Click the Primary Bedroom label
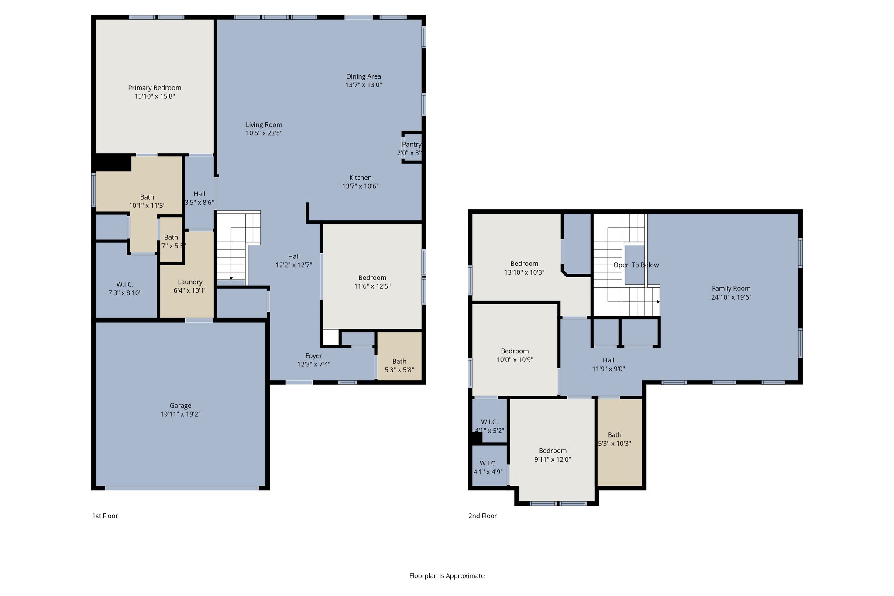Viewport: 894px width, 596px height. point(155,88)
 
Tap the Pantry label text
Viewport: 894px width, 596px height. point(411,145)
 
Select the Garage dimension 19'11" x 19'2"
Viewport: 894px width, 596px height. point(180,414)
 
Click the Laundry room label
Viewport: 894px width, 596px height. point(190,282)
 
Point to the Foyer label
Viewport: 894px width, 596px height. point(313,356)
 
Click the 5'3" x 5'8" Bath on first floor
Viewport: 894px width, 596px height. point(399,365)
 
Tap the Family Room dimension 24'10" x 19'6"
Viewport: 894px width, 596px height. point(731,297)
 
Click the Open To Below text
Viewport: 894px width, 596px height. point(636,265)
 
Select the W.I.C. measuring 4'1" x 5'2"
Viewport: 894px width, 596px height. point(489,426)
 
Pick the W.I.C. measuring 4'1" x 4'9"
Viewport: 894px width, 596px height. point(488,467)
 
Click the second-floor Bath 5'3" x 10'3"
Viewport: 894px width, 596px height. point(614,439)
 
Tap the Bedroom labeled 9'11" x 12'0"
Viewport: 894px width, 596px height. point(553,455)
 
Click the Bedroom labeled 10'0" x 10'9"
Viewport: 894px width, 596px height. point(515,355)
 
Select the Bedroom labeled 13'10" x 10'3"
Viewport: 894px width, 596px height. point(524,268)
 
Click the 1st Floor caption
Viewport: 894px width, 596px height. point(105,516)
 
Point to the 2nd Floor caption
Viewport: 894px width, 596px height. point(482,516)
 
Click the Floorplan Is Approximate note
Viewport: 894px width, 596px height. point(447,576)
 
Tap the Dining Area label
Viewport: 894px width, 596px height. point(364,76)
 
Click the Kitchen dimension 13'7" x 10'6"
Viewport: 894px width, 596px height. point(360,186)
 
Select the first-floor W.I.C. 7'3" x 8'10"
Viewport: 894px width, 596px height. point(125,289)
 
